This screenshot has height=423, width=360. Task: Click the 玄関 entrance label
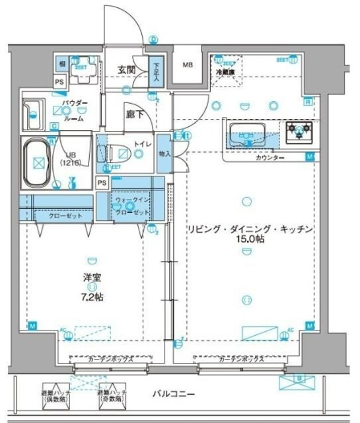[x=126, y=69]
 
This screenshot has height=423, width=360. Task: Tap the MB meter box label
[x=188, y=65]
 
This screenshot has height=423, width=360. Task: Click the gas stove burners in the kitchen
[x=301, y=133]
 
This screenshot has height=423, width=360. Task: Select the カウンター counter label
[x=270, y=158]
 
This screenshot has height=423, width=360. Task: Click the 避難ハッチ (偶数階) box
[x=56, y=393]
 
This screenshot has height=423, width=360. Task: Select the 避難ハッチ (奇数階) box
[x=113, y=393]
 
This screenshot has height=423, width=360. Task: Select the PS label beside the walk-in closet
[x=102, y=183]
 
